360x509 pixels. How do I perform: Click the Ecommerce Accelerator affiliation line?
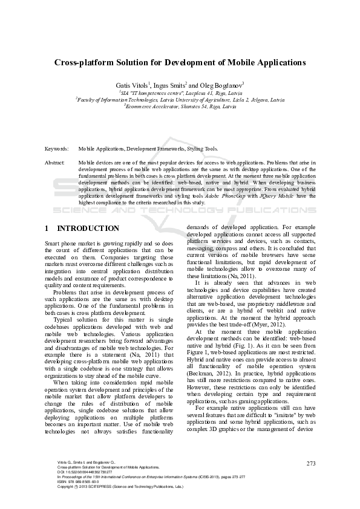pos(180,106)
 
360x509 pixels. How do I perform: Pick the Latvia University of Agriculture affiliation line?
pos(180,99)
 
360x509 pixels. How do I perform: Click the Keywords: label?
pos(57,148)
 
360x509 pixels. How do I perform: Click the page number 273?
pos(312,463)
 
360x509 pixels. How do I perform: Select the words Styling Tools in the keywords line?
pos(199,148)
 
